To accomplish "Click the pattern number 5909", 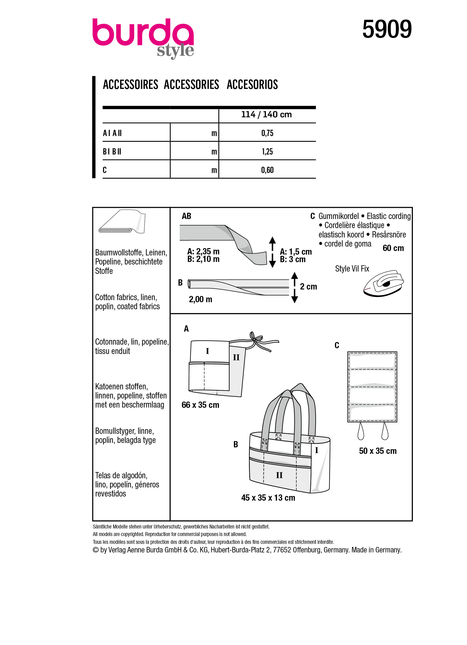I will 387,29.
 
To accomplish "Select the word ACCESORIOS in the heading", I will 252,85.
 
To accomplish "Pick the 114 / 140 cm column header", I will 266,115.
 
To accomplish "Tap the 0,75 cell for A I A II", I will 267,133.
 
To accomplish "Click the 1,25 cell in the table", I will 267,152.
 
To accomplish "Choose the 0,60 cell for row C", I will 267,170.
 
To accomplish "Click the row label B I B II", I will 112,152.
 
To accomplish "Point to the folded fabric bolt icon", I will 122,222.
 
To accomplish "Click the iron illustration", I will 383,283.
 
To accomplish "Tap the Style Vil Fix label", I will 352,269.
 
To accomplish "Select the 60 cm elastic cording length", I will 393,248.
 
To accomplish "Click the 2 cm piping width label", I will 308,287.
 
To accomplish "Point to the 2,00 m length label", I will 201,299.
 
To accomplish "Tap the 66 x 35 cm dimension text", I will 200,405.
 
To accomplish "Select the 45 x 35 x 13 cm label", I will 268,498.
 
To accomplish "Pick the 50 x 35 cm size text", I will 378,451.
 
